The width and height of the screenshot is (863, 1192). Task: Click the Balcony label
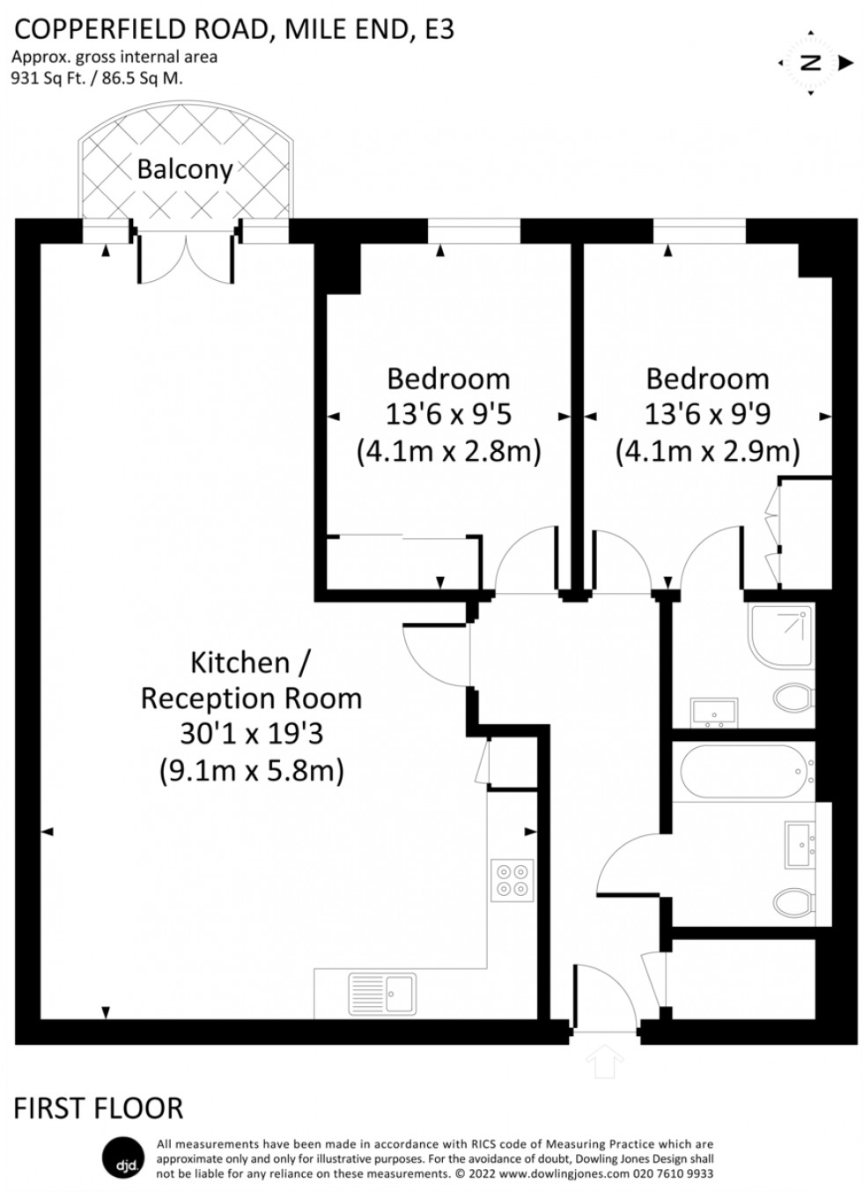185,169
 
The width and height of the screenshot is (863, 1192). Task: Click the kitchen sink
382,992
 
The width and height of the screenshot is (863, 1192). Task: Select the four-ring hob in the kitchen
513,879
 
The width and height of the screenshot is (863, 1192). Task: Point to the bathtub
744,771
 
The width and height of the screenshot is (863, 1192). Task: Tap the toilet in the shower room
793,699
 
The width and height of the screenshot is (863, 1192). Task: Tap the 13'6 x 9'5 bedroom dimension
448,413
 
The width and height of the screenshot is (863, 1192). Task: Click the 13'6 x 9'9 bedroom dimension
707,413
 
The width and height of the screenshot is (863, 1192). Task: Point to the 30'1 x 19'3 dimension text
251,734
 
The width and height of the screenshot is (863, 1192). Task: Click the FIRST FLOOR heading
99,1107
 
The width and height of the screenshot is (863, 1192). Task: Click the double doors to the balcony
186,260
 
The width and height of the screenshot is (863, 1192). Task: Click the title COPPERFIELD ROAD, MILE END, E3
234,30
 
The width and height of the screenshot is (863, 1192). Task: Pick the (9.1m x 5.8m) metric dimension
251,771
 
